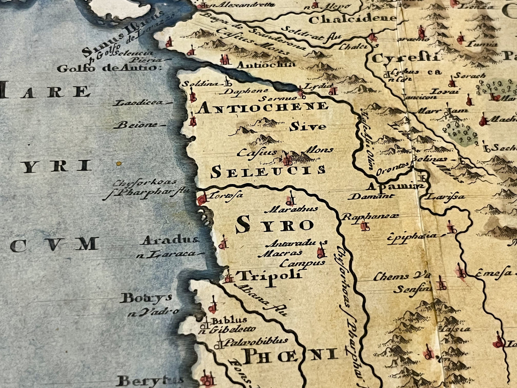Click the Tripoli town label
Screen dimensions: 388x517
coord(270,276)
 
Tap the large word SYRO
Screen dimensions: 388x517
coord(275,225)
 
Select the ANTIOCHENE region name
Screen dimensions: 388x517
coord(262,107)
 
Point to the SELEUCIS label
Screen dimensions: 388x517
coord(268,172)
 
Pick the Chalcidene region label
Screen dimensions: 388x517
coord(352,19)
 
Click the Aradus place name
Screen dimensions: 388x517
coord(170,241)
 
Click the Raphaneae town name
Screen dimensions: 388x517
coord(370,216)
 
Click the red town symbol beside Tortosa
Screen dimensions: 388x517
coord(203,198)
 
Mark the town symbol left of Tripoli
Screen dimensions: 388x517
coord(228,276)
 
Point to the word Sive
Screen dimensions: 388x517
coord(308,127)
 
